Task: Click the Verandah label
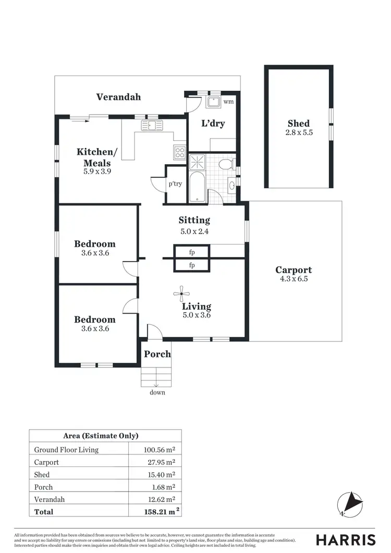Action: tap(118, 97)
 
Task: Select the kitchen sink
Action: tap(152, 125)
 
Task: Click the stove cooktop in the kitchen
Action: tap(180, 152)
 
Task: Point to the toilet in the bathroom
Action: tap(226, 165)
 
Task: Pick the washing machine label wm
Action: tap(228, 102)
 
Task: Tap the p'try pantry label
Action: tap(175, 183)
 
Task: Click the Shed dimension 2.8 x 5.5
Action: tap(299, 133)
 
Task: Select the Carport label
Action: tap(294, 270)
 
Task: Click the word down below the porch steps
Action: tap(157, 392)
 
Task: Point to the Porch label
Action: tap(157, 354)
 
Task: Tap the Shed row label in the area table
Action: tap(42, 475)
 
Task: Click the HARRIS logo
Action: tap(346, 539)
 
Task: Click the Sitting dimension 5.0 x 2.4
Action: tap(194, 231)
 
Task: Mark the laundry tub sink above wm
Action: tap(214, 101)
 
